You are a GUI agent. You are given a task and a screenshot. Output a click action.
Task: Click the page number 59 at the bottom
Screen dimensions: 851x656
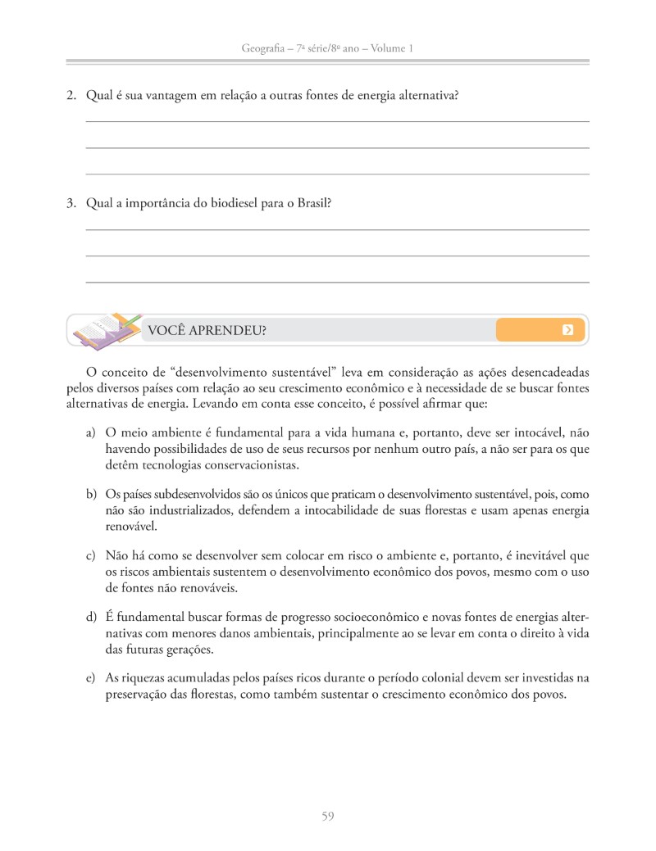point(327,815)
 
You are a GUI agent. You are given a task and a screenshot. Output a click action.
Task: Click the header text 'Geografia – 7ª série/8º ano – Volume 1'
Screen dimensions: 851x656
point(327,49)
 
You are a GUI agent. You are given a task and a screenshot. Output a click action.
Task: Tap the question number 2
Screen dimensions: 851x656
point(71,96)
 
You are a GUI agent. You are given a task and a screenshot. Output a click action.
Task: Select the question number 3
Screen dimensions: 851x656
point(71,204)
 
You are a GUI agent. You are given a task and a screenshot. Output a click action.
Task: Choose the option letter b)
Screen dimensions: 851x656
point(91,495)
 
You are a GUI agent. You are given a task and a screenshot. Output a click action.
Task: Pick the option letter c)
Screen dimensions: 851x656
point(91,557)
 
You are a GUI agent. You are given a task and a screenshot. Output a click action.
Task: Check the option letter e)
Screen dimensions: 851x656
point(91,678)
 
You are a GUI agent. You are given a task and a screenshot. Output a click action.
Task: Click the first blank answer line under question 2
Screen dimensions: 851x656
point(337,121)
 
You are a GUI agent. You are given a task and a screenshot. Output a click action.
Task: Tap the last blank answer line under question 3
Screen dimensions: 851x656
point(337,282)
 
